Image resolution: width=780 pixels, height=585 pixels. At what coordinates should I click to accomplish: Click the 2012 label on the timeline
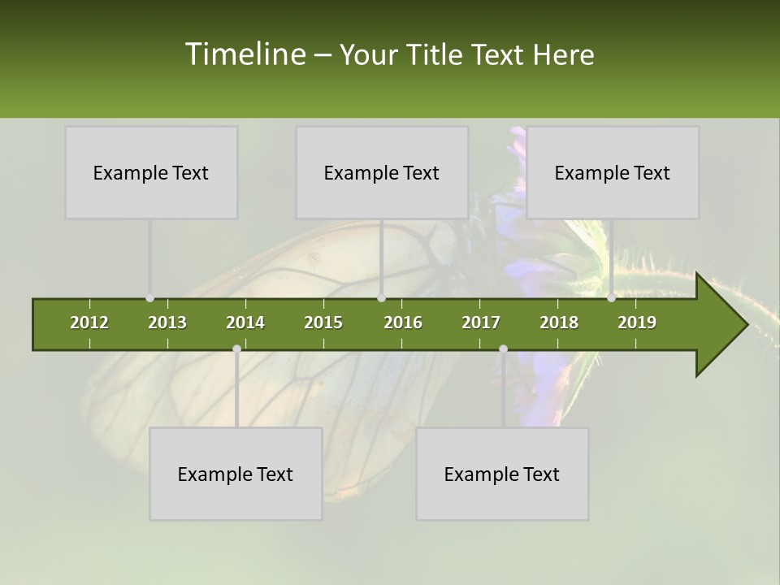tap(89, 323)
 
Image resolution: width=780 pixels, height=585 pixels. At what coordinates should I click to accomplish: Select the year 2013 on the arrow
tap(167, 323)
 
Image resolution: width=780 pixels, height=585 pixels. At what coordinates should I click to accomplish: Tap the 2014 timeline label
tap(245, 323)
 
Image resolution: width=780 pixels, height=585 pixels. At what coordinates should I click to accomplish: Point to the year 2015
tap(323, 323)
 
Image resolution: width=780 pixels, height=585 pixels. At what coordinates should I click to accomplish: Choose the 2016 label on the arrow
tap(403, 323)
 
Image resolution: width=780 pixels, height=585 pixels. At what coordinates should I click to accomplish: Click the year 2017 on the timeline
tap(481, 323)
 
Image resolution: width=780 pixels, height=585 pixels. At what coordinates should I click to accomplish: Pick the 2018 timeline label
tap(559, 323)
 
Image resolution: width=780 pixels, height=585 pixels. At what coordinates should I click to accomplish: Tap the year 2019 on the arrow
tap(637, 323)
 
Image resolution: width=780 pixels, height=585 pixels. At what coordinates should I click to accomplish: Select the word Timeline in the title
tap(245, 54)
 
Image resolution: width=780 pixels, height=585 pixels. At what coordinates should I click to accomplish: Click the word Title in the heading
tap(434, 55)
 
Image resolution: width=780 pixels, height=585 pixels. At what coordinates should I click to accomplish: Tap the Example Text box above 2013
tap(151, 172)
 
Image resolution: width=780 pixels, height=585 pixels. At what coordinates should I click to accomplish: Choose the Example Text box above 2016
tap(382, 172)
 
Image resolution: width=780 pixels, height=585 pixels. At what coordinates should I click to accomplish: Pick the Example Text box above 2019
tap(613, 172)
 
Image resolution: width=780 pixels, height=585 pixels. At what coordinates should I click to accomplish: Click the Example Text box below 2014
tap(236, 474)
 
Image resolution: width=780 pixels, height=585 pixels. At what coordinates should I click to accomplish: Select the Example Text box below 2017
tap(502, 474)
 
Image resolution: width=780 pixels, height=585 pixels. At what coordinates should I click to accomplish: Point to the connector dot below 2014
tap(236, 349)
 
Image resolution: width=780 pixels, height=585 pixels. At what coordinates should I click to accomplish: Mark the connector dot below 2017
tap(503, 349)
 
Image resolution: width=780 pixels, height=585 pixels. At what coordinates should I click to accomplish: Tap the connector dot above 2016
tap(381, 298)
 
